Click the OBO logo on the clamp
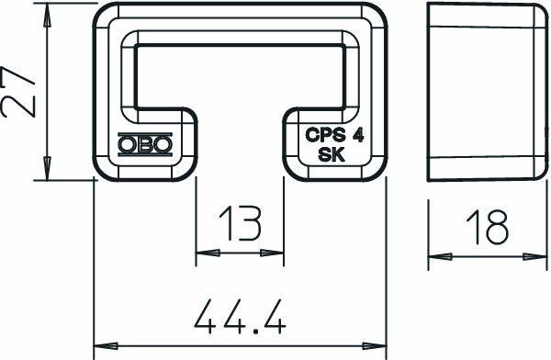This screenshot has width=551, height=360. [x=145, y=145]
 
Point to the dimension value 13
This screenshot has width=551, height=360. [x=240, y=224]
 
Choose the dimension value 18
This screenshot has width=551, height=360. [x=486, y=226]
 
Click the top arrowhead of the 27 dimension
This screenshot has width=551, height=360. [x=47, y=13]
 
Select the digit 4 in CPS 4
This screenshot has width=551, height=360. [x=356, y=135]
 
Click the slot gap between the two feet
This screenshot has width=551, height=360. [x=240, y=147]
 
